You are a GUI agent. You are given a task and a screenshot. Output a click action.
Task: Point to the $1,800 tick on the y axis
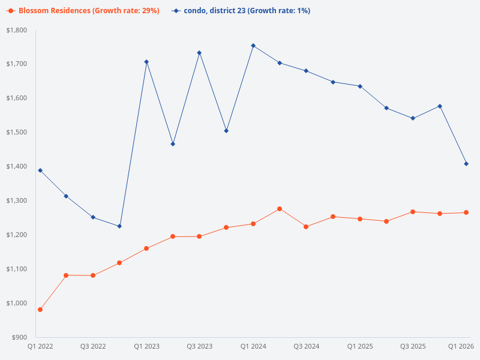tap(18, 30)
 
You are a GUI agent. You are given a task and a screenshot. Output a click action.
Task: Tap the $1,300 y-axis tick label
tap(18, 200)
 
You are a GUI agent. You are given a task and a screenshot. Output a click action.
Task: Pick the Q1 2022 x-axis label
tap(40, 346)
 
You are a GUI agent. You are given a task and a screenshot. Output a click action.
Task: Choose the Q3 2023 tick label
tap(199, 346)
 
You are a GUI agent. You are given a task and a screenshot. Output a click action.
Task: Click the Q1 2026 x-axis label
tap(461, 346)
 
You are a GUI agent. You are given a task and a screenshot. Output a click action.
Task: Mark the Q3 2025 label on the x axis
tap(413, 346)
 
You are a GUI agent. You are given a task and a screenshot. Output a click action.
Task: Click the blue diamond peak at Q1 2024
tap(253, 46)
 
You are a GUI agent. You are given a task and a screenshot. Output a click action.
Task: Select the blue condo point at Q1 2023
tap(146, 62)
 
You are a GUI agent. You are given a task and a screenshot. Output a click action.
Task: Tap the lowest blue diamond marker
tap(119, 226)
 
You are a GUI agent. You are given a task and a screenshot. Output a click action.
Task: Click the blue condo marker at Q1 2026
tap(466, 164)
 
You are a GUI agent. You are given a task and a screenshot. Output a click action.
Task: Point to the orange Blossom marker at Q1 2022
tap(40, 310)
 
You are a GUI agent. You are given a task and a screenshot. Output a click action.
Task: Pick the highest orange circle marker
tap(280, 209)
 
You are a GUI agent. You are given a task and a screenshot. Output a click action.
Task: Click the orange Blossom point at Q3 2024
tap(306, 227)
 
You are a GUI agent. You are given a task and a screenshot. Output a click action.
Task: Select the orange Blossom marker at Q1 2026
tap(466, 212)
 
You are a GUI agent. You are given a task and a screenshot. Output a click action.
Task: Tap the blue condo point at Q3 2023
tap(199, 53)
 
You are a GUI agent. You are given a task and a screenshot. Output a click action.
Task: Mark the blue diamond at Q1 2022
tap(40, 170)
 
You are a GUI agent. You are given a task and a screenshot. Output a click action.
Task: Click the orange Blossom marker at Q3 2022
tap(93, 275)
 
